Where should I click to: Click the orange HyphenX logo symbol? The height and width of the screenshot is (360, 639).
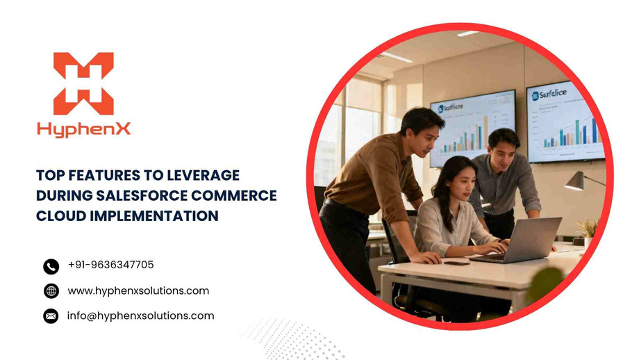click(x=83, y=83)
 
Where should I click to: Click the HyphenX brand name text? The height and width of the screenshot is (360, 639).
click(x=83, y=129)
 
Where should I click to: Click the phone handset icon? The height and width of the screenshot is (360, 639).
click(x=51, y=266)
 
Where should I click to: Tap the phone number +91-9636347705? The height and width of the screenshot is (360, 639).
click(x=110, y=265)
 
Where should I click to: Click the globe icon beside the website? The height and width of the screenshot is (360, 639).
click(x=51, y=291)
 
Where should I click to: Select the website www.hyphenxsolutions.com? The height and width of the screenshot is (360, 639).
click(x=138, y=291)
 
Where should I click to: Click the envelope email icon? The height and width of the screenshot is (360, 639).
click(x=51, y=316)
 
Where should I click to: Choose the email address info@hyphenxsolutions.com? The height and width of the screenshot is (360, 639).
click(x=140, y=316)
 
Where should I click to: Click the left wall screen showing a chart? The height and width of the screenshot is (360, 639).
click(x=472, y=128)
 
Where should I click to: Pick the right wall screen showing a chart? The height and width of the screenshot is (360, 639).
click(x=564, y=121)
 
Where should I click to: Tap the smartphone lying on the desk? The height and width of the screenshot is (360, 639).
click(x=456, y=263)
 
